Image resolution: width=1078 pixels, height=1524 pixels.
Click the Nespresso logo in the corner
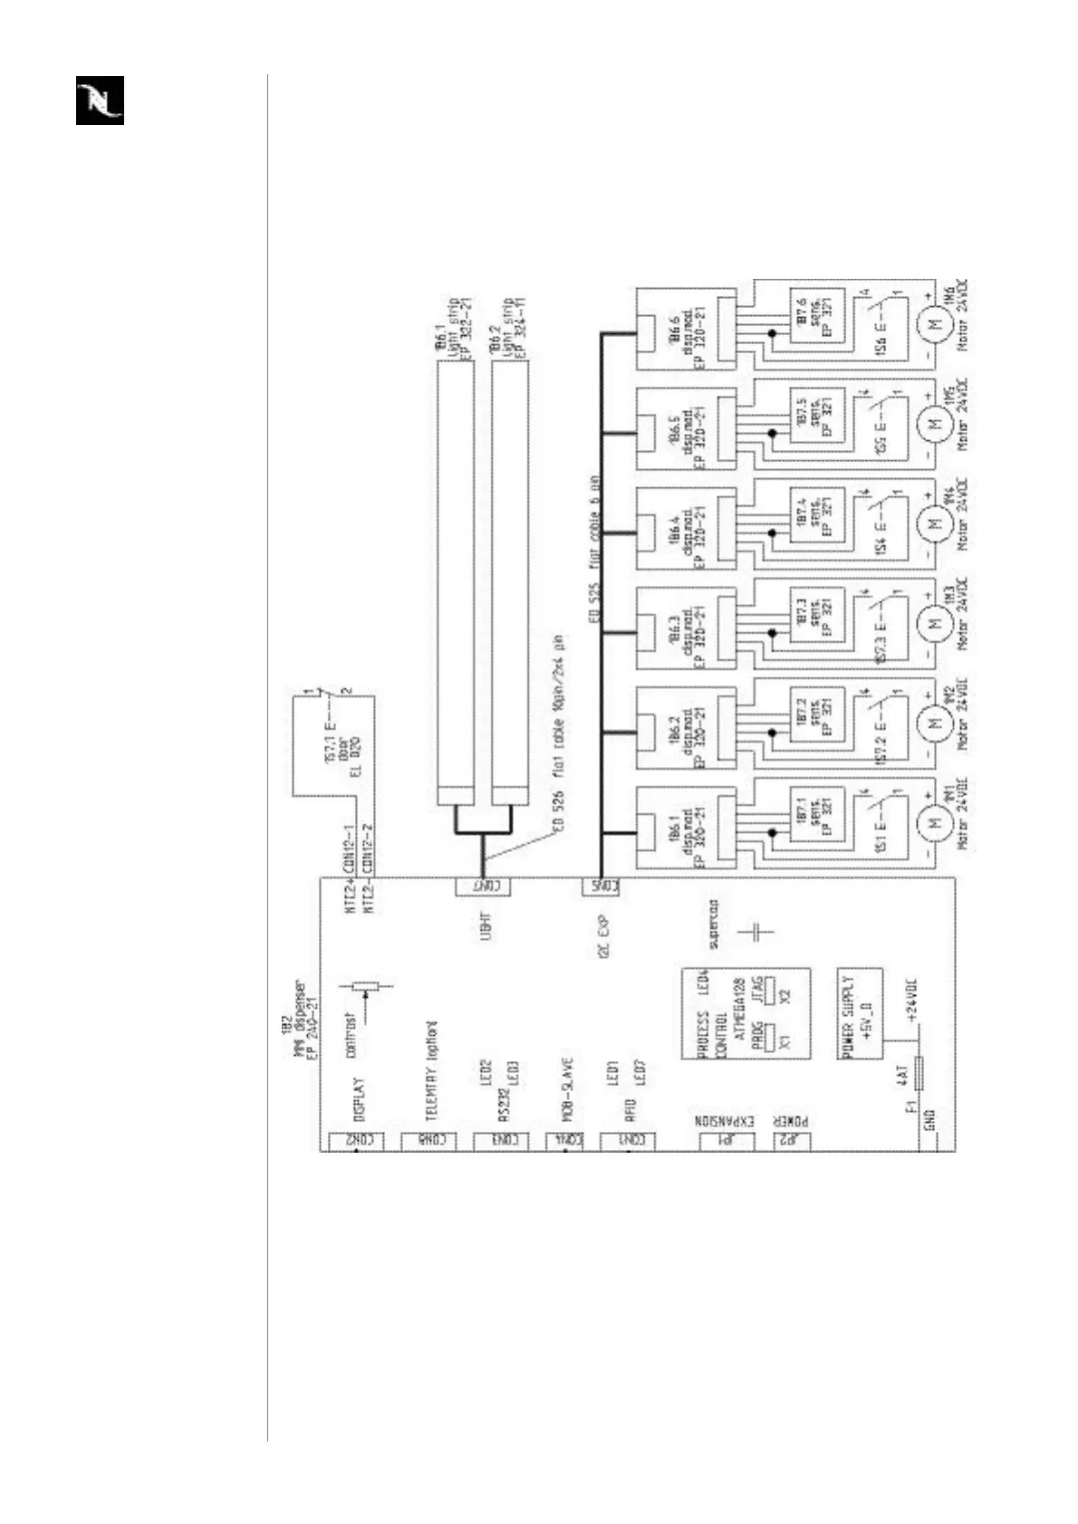(x=100, y=101)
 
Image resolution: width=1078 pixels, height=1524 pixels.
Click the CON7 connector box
(x=483, y=887)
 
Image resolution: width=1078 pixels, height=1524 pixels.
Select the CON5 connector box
(x=601, y=887)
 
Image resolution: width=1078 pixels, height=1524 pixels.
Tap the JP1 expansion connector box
(x=727, y=1142)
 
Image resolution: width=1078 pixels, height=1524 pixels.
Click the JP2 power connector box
(x=791, y=1142)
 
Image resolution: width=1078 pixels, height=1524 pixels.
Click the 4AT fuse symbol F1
(x=919, y=1075)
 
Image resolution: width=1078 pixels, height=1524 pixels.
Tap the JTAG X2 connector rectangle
(x=771, y=993)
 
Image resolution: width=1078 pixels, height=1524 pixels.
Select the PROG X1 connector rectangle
(x=771, y=1037)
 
